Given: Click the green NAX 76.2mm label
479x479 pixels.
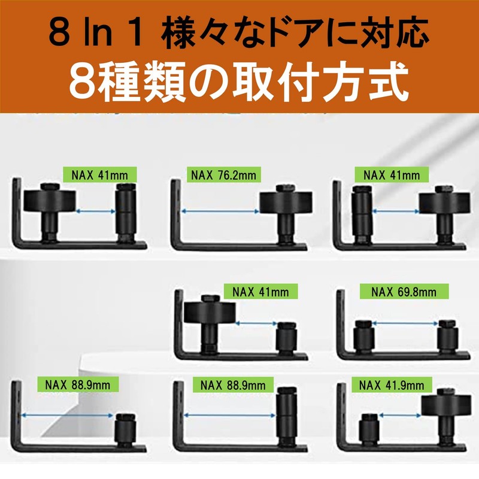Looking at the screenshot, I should coord(223,175).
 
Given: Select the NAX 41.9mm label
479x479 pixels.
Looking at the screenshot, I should coord(389,385).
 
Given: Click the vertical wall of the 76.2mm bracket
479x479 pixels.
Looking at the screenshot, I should coord(177,216).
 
